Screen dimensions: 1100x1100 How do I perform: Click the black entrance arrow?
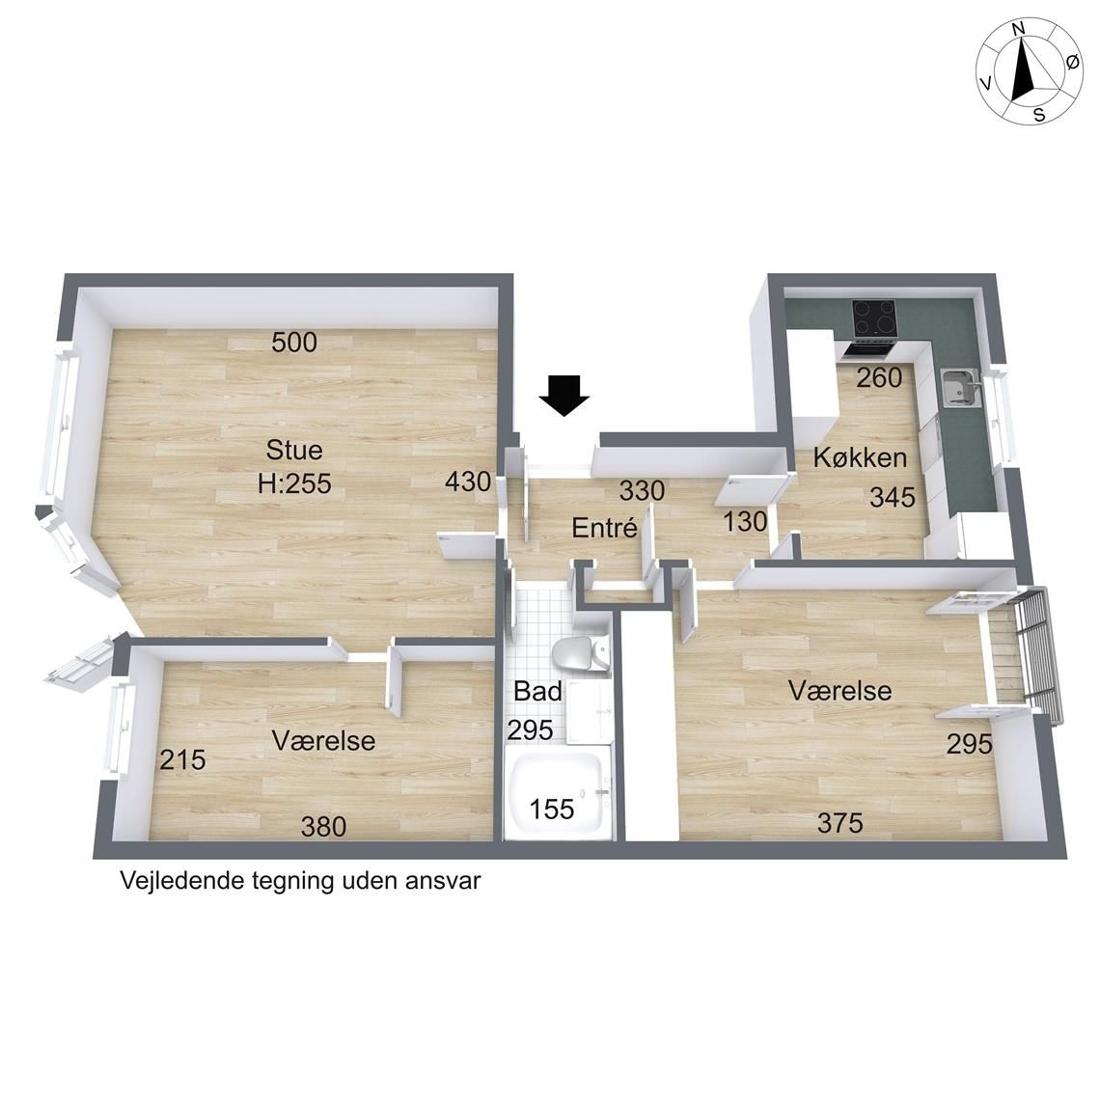[564, 396]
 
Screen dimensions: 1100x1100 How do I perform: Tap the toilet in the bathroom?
[581, 654]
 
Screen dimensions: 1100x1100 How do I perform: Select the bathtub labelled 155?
[557, 795]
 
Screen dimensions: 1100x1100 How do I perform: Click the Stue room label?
[294, 450]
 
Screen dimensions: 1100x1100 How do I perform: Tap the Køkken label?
[860, 457]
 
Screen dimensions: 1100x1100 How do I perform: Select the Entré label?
[604, 528]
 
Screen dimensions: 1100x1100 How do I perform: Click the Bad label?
[537, 691]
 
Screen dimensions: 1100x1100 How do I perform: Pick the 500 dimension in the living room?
[294, 343]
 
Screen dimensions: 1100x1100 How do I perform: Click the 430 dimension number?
[468, 481]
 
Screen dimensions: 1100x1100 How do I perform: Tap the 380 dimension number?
[323, 826]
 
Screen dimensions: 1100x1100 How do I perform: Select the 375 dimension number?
[839, 822]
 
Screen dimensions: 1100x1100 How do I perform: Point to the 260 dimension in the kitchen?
[879, 378]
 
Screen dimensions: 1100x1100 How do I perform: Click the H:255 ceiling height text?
[294, 483]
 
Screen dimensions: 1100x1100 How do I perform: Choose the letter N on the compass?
[1019, 48]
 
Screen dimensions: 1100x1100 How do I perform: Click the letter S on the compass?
[1039, 115]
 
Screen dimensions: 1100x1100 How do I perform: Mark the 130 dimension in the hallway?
[745, 521]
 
